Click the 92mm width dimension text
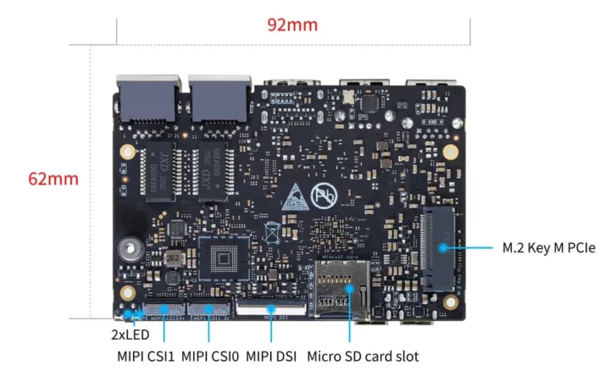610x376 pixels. point(292,25)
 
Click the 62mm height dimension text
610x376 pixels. point(53,179)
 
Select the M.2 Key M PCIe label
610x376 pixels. point(548,248)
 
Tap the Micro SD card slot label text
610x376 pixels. point(363,357)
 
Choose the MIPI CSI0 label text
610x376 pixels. point(210,357)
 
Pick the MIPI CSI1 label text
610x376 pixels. point(146,357)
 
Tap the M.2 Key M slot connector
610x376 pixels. point(439,247)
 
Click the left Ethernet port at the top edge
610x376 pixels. point(147,101)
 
